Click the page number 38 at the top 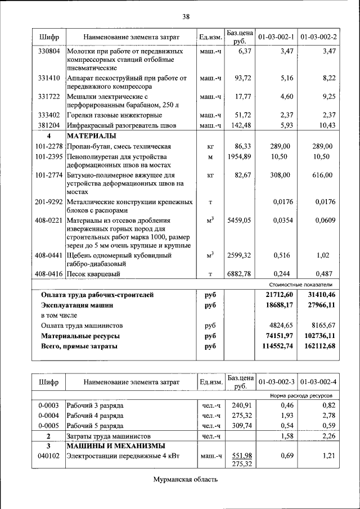(186, 16)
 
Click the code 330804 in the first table (49, 51)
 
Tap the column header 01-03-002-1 (276, 37)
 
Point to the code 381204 (49, 125)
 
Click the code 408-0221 (48, 220)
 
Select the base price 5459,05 (239, 220)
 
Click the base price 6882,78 (239, 274)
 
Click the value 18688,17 (276, 305)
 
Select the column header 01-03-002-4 (319, 382)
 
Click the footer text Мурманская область (185, 479)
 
